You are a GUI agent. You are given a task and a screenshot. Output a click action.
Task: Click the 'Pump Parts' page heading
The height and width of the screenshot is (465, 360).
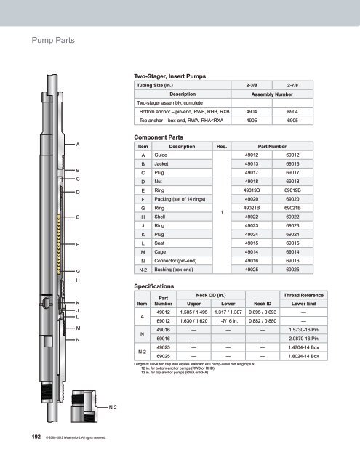pyautogui.click(x=53, y=40)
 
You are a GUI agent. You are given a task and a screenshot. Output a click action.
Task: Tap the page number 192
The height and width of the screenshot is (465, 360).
pyautogui.click(x=36, y=437)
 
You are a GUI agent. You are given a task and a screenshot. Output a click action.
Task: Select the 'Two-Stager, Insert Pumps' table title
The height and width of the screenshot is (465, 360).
pyautogui.click(x=169, y=76)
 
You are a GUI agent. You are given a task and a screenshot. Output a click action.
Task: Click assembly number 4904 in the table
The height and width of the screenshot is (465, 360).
pyautogui.click(x=252, y=111)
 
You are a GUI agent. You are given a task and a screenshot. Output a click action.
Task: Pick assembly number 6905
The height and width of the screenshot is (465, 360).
pyautogui.click(x=292, y=120)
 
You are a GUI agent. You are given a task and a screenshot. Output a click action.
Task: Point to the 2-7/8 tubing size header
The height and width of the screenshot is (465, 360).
pyautogui.click(x=292, y=85)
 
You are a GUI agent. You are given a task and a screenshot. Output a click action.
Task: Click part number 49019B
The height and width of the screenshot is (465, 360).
pyautogui.click(x=252, y=190)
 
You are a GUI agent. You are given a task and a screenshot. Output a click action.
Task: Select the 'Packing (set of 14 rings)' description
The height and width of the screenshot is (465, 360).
pyautogui.click(x=180, y=199)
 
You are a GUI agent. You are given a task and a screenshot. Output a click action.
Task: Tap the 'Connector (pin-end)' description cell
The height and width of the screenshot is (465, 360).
pyautogui.click(x=175, y=261)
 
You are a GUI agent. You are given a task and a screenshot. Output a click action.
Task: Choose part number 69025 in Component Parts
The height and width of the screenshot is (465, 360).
pyautogui.click(x=292, y=270)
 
